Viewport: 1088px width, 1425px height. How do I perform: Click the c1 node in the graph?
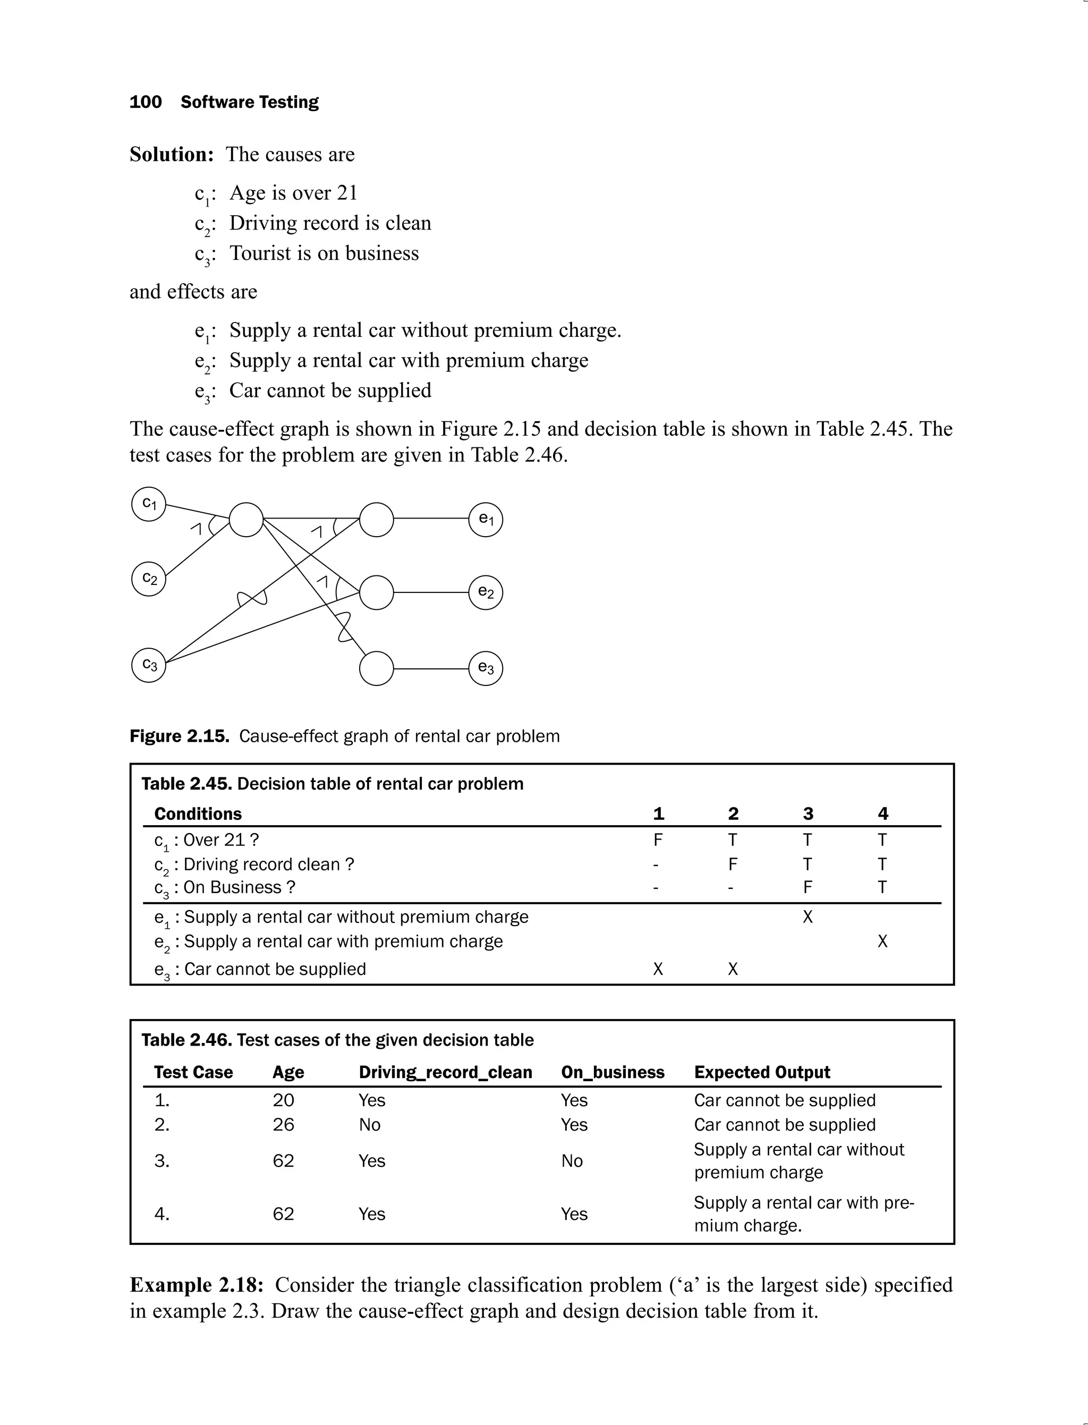point(149,503)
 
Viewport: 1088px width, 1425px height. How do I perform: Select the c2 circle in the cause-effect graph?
point(149,579)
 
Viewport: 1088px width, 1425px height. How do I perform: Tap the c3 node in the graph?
point(149,665)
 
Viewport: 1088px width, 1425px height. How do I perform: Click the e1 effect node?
point(486,520)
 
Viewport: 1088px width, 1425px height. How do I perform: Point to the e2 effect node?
point(486,592)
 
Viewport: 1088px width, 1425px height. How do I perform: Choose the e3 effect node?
point(486,668)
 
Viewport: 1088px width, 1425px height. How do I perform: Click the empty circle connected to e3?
point(376,668)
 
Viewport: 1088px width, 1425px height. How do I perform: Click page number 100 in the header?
point(145,101)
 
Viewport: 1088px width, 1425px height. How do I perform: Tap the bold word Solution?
point(172,154)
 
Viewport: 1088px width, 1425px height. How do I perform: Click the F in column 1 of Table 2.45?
point(657,840)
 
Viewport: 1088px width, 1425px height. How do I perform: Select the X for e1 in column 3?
point(807,917)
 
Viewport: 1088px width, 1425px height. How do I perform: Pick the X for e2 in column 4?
point(882,941)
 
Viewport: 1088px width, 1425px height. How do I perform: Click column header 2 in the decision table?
point(733,813)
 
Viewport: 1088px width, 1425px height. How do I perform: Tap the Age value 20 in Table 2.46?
point(283,1100)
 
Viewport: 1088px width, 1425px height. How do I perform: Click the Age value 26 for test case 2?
point(283,1124)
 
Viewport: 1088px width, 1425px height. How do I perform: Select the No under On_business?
point(572,1161)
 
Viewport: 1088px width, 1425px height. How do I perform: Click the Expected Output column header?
point(762,1072)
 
